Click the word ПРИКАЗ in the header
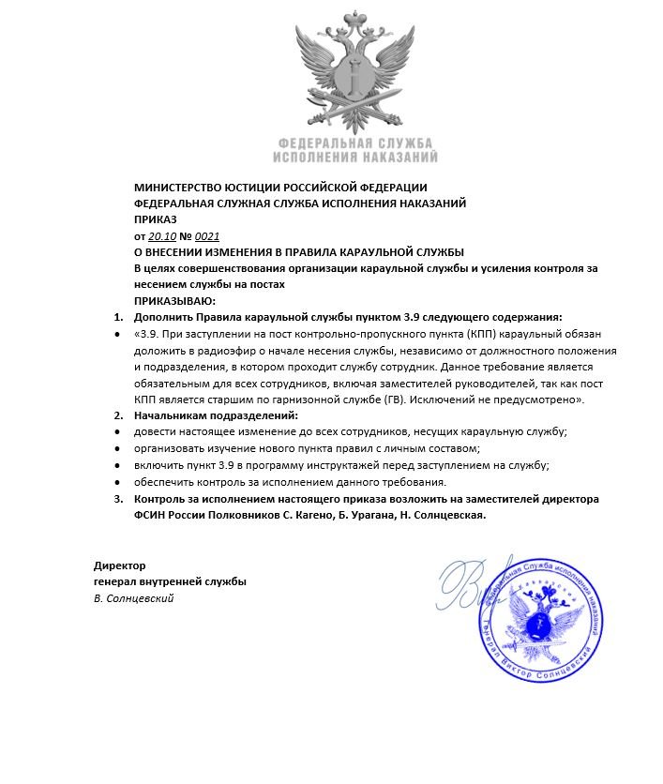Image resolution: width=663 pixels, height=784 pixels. [157, 219]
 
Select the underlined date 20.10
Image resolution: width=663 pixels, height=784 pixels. [162, 235]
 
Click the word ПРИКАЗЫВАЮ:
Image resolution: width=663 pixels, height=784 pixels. [175, 300]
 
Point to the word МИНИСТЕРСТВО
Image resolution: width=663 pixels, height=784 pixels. [177, 187]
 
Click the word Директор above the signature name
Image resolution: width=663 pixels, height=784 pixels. [120, 565]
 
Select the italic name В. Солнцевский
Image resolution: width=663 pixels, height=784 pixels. [134, 598]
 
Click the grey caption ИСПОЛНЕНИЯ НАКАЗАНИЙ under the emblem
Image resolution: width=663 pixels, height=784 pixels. [354, 158]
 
